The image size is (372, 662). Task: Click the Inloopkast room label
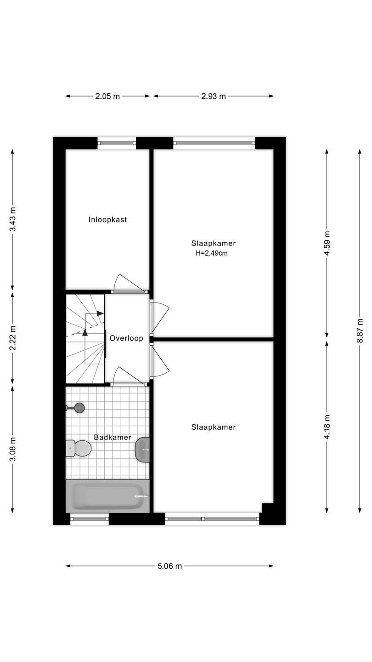point(108,220)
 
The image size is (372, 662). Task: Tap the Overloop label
point(126,338)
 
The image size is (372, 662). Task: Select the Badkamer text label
point(113,437)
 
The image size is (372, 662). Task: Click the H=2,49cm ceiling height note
point(212,253)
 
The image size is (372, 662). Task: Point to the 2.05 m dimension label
point(107,97)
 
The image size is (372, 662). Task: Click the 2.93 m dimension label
point(214,97)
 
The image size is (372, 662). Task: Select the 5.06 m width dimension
point(169,566)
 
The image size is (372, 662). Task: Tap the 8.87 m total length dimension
point(360,331)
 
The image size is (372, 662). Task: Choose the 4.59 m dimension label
point(327,243)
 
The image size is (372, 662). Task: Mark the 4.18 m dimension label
point(327,427)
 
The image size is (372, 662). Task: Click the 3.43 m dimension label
point(12,220)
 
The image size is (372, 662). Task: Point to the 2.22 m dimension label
point(12,338)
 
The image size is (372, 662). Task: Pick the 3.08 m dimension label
point(12,449)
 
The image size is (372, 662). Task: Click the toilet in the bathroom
point(78,448)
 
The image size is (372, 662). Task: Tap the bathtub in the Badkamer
point(107,496)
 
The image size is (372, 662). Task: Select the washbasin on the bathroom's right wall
point(142,450)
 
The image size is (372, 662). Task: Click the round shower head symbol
point(79,408)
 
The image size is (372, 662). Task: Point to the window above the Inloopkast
point(117,143)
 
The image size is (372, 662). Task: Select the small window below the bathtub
point(90,519)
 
